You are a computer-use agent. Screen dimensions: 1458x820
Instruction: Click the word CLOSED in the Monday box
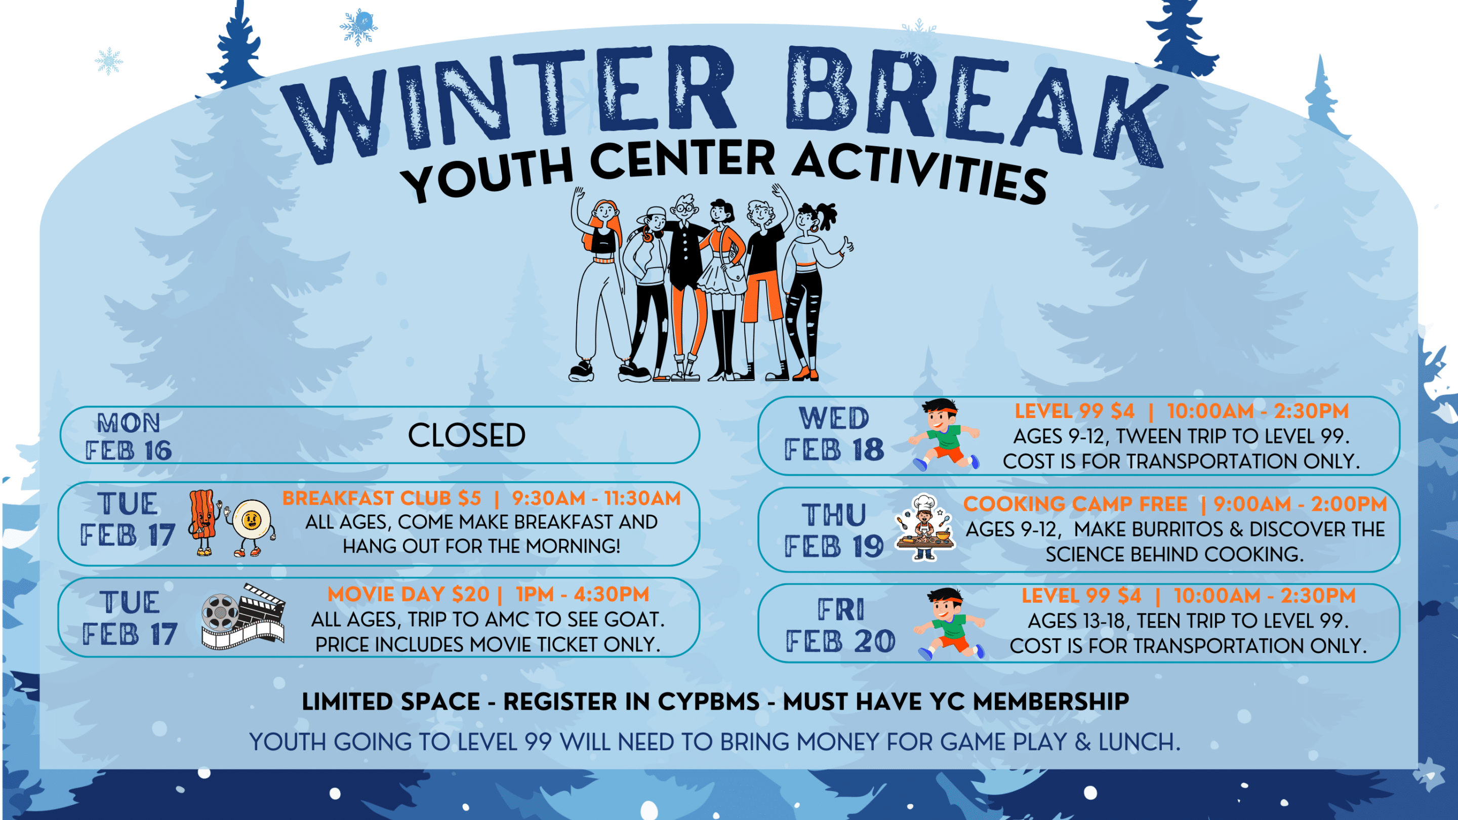click(x=466, y=435)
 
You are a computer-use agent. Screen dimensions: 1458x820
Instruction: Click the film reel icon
click(x=220, y=612)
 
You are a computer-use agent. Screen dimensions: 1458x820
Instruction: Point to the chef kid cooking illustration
click(x=925, y=527)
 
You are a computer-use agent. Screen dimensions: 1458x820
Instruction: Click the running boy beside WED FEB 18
click(x=944, y=434)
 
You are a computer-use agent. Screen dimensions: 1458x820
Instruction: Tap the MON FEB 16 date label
click(x=129, y=436)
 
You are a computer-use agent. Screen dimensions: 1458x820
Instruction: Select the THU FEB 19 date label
click(x=834, y=530)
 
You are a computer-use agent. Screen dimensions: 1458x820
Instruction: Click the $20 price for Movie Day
click(x=470, y=594)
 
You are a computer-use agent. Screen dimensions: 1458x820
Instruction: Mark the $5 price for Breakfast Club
click(x=470, y=498)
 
